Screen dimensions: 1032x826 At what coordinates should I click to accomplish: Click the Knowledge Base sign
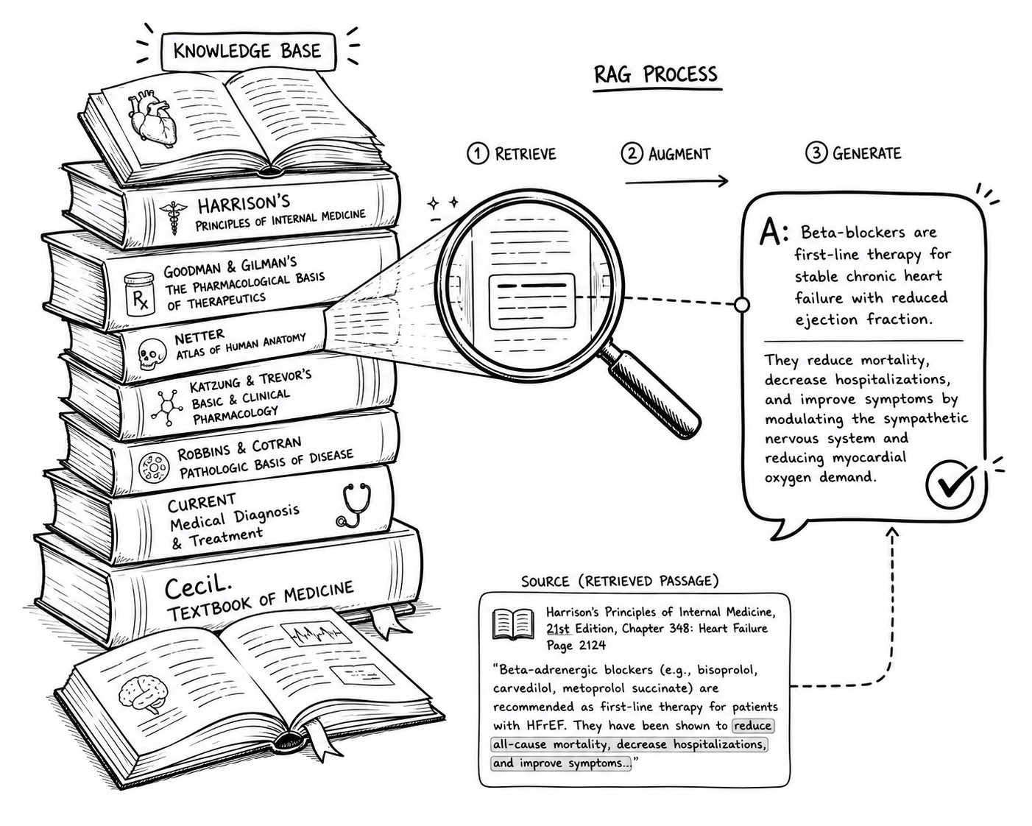[248, 52]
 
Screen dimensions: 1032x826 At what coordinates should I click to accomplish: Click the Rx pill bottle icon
[140, 294]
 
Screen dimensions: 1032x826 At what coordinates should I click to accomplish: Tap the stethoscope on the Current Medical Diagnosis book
[354, 504]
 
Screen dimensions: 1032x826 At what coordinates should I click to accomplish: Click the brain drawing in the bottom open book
[144, 694]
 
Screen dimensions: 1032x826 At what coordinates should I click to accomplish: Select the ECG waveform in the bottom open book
[316, 634]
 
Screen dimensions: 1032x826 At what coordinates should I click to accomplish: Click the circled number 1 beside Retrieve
[478, 154]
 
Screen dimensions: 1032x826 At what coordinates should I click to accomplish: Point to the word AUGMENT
[679, 154]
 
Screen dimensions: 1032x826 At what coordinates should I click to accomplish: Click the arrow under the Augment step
[676, 181]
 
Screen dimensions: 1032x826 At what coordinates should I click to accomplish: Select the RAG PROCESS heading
[656, 75]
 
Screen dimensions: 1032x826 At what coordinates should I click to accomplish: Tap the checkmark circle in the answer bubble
[950, 484]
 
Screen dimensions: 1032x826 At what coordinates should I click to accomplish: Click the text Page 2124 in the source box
[576, 645]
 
